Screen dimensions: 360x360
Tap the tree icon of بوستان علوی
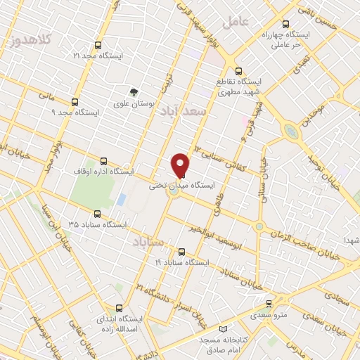pos(132,92)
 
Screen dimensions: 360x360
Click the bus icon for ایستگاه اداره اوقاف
pos(104,161)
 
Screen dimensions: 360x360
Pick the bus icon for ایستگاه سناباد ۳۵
pos(97,214)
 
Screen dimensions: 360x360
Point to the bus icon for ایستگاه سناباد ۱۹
pos(181,252)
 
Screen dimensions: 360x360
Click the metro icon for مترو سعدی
pos(269,304)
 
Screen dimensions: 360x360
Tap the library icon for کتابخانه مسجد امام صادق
pos(224,330)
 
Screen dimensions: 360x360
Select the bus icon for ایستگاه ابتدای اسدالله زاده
pos(118,309)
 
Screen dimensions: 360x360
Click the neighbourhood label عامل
pos(236,21)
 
